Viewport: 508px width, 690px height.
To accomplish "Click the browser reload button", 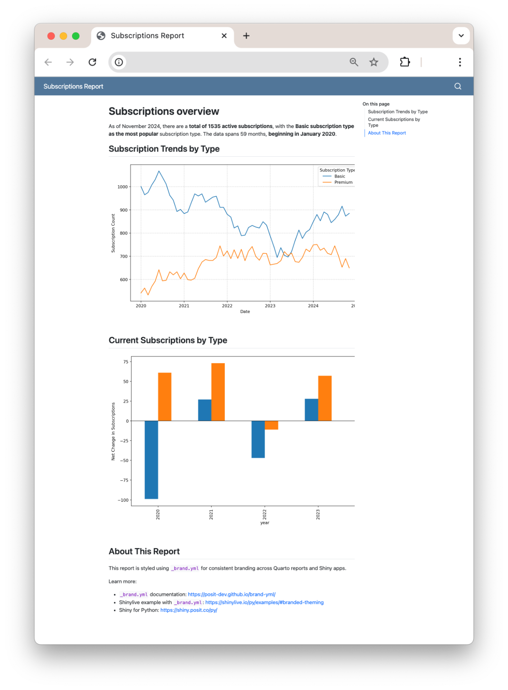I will pos(92,62).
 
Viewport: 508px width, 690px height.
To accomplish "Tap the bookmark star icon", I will pos(374,62).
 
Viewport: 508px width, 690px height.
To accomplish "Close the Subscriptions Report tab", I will pos(224,36).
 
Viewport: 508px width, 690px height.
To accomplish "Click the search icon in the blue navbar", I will pos(458,86).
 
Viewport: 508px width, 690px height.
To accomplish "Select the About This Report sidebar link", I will pos(387,133).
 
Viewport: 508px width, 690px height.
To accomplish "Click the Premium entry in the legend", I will pos(343,182).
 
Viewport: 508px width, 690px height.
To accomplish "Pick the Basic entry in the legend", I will pos(339,176).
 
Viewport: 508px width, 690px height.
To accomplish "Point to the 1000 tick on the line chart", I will pos(123,187).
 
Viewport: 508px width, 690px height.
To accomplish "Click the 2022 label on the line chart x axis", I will pos(227,306).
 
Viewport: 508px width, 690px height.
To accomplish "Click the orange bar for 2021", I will pos(218,392).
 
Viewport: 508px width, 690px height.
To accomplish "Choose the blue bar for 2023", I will pos(311,410).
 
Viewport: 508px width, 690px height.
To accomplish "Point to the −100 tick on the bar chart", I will pos(123,500).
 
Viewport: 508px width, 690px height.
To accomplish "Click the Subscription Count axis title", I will pos(113,233).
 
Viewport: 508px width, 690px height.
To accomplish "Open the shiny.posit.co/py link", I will pos(189,610).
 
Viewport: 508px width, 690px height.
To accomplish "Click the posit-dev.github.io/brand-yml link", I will pos(231,594).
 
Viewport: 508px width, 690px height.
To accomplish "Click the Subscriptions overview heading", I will pos(164,111).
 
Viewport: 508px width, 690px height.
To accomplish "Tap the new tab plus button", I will pos(246,36).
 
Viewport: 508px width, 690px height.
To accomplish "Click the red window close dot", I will pos(51,36).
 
